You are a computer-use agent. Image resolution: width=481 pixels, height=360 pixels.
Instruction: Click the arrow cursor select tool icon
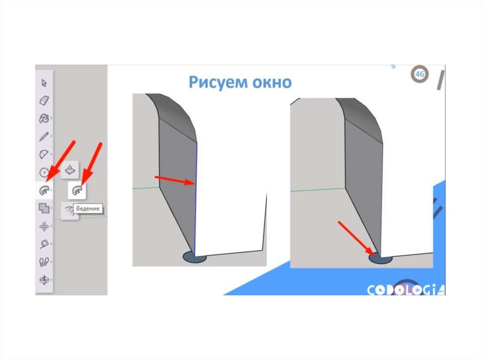[44, 83]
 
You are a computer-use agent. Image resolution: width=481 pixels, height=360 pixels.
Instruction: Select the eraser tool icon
[44, 100]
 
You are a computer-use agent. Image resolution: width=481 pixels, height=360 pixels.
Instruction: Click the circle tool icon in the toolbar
[44, 172]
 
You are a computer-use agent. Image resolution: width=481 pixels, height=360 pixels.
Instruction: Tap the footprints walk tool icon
[44, 262]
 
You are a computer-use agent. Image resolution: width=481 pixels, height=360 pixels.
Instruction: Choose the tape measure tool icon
[44, 244]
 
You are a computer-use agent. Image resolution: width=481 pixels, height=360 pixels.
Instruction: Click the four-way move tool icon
[44, 226]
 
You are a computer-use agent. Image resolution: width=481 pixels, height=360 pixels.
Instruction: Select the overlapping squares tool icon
[44, 208]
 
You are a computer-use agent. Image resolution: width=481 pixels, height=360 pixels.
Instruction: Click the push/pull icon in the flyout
[70, 169]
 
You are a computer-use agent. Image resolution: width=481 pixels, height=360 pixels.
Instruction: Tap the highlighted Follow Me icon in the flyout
[77, 190]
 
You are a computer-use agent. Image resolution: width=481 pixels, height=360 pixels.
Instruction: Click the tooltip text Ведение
[88, 209]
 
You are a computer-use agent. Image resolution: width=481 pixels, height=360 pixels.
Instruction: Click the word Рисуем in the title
[218, 82]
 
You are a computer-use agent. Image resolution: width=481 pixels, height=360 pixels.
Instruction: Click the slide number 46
[419, 74]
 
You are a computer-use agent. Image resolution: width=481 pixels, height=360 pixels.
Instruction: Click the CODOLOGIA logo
[406, 290]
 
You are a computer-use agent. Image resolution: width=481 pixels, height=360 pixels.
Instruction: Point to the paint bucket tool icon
[44, 118]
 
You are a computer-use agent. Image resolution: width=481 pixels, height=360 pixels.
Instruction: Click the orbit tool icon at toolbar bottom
[44, 280]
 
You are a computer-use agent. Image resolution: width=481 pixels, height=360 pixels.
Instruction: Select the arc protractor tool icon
[44, 154]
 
